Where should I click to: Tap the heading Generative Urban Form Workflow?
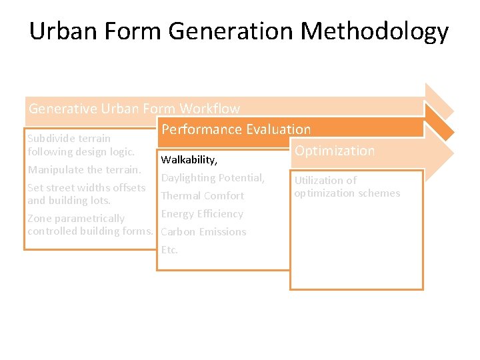click(134, 108)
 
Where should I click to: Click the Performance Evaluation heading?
click(236, 129)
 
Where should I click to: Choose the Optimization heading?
click(335, 151)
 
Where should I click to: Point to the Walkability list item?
click(189, 160)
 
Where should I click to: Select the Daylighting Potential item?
click(213, 178)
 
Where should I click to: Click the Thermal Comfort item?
click(203, 196)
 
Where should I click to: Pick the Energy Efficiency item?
click(202, 214)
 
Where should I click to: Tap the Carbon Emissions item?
click(203, 232)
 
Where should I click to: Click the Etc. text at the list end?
click(169, 250)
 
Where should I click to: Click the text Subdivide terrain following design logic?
click(81, 145)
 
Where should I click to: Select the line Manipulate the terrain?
click(84, 170)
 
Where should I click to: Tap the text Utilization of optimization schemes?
click(347, 187)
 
